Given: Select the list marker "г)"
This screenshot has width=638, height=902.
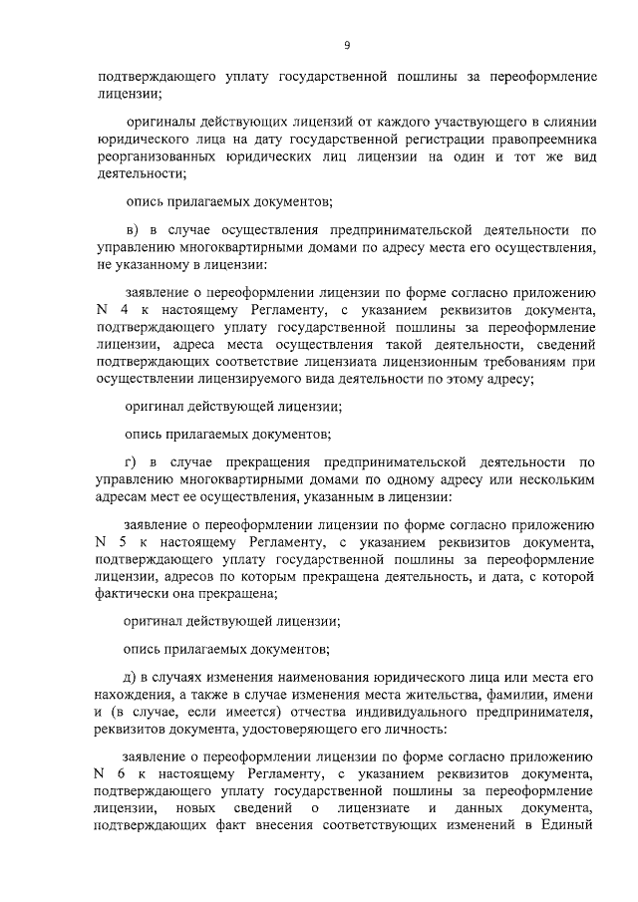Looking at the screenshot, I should pyautogui.click(x=131, y=462).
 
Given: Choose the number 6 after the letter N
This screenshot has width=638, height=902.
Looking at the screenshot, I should pyautogui.click(x=124, y=772).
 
